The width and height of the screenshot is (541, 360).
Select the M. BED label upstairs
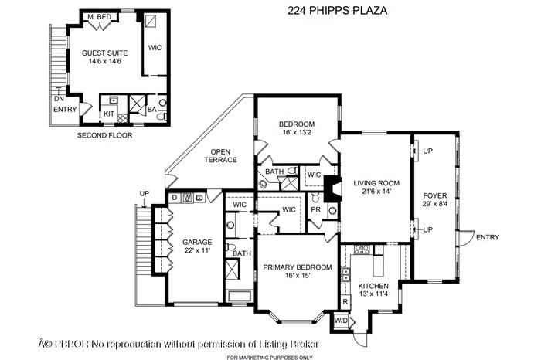pyautogui.click(x=97, y=16)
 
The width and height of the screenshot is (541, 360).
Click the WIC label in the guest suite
pyautogui.click(x=155, y=47)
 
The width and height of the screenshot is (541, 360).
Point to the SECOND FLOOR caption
pyautogui.click(x=105, y=135)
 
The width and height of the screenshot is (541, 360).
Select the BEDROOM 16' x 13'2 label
pyautogui.click(x=297, y=128)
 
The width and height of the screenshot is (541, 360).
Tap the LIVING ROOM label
pyautogui.click(x=374, y=187)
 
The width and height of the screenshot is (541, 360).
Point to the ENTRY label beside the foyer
pyautogui.click(x=488, y=236)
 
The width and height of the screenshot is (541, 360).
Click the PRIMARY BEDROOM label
pyautogui.click(x=297, y=271)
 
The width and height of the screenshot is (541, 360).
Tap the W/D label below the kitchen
pyautogui.click(x=341, y=319)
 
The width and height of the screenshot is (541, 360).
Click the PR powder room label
pyautogui.click(x=315, y=209)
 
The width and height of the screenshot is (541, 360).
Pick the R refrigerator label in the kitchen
pyautogui.click(x=345, y=301)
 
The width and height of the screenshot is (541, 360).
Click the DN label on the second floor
pyautogui.click(x=58, y=98)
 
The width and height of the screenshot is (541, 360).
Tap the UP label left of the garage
pyautogui.click(x=144, y=193)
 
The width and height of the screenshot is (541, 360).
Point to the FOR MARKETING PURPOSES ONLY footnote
pyautogui.click(x=270, y=357)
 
